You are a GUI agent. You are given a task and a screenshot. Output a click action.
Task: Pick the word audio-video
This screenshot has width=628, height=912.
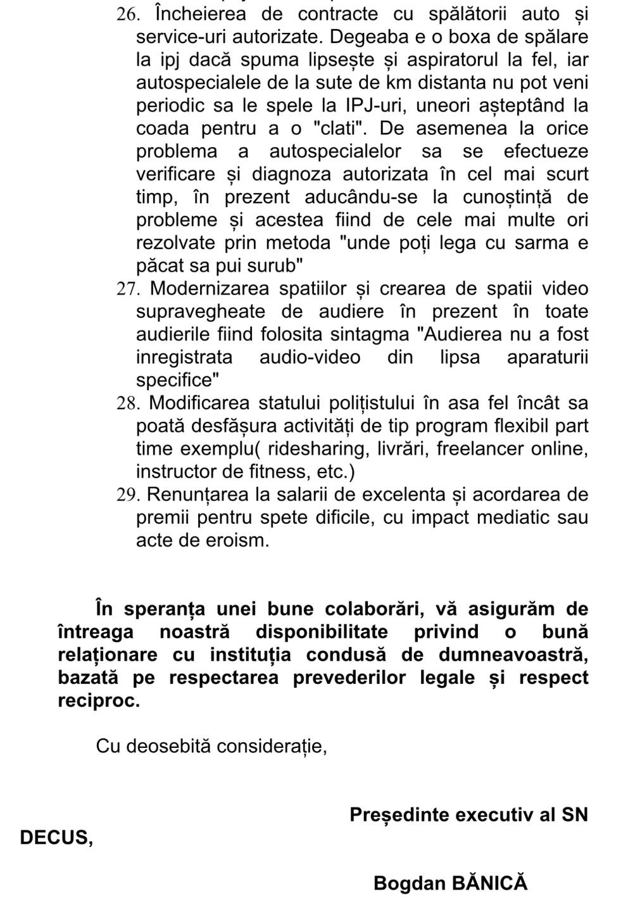[310, 357]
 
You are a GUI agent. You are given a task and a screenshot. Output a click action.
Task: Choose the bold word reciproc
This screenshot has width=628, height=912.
[98, 701]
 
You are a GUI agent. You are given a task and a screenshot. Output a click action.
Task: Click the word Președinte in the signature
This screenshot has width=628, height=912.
[399, 815]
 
